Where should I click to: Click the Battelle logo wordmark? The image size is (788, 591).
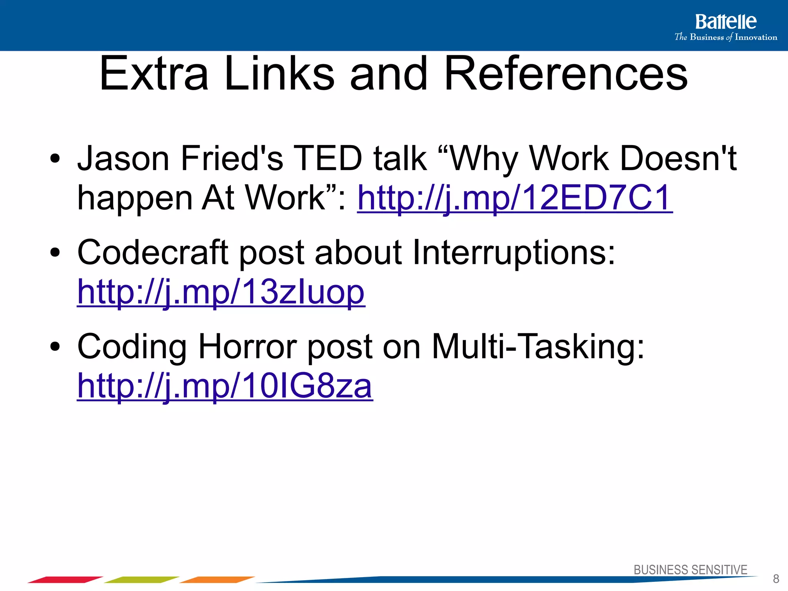pyautogui.click(x=725, y=22)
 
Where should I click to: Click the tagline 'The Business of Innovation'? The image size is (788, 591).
pyautogui.click(x=726, y=37)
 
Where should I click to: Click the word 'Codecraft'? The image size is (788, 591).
pyautogui.click(x=153, y=252)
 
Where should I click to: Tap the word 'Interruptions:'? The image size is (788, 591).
pyautogui.click(x=514, y=252)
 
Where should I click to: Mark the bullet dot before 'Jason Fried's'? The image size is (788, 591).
pyautogui.click(x=55, y=159)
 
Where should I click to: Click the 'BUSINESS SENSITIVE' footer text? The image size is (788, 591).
pyautogui.click(x=690, y=570)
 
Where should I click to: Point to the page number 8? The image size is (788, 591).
pyautogui.click(x=776, y=579)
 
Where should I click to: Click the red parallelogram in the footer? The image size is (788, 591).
pyautogui.click(x=65, y=579)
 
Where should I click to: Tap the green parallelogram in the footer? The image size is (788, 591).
pyautogui.click(x=141, y=579)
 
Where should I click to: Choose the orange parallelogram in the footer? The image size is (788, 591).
pyautogui.click(x=217, y=579)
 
